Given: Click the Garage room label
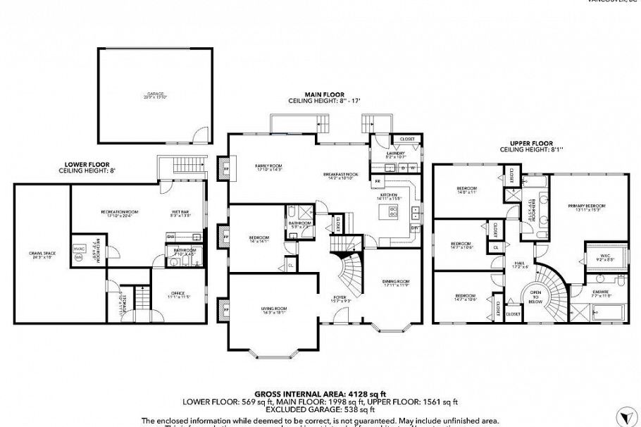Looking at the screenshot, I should coord(155,94).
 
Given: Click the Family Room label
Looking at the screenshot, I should coord(268,166).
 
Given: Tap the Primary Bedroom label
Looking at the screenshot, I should coord(586,206).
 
